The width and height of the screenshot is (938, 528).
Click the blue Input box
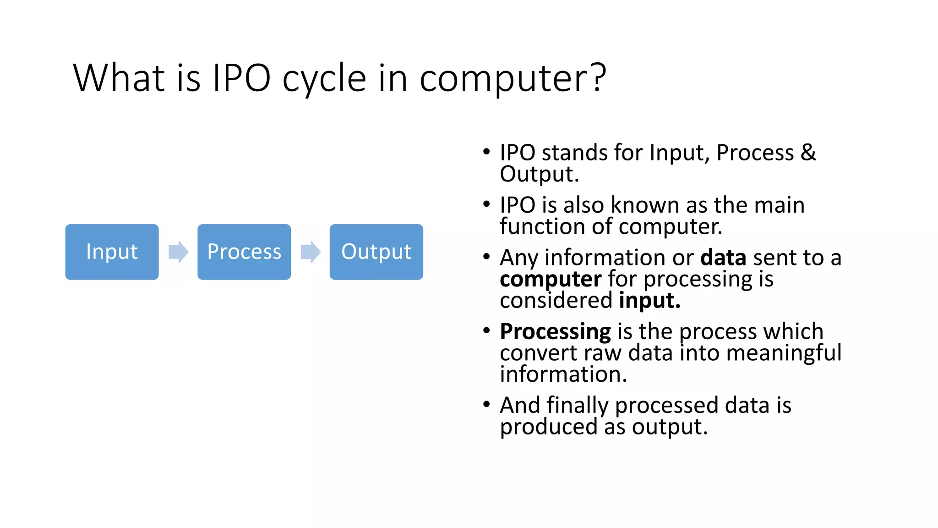[x=112, y=252]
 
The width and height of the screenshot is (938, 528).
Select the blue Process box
[x=244, y=252]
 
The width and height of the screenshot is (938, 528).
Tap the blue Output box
[x=376, y=252]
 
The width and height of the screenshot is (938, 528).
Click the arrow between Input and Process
[x=178, y=252]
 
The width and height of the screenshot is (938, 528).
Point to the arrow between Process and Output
[x=311, y=252]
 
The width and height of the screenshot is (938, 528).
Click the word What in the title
[x=119, y=78]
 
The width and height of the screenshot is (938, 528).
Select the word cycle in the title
[x=324, y=79]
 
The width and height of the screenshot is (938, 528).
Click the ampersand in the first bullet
[x=808, y=152]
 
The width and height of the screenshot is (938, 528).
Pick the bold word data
[x=723, y=258]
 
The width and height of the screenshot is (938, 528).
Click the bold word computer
[x=550, y=280]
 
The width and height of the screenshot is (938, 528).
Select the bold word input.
[x=649, y=301]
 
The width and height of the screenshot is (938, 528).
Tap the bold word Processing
[x=555, y=332]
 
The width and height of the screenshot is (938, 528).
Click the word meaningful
[x=784, y=353]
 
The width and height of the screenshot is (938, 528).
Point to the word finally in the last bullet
[x=577, y=406]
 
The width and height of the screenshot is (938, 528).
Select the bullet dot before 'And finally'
[x=486, y=404]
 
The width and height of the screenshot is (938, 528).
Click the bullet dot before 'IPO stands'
[x=486, y=152]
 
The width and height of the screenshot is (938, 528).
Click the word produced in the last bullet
[x=548, y=427]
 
